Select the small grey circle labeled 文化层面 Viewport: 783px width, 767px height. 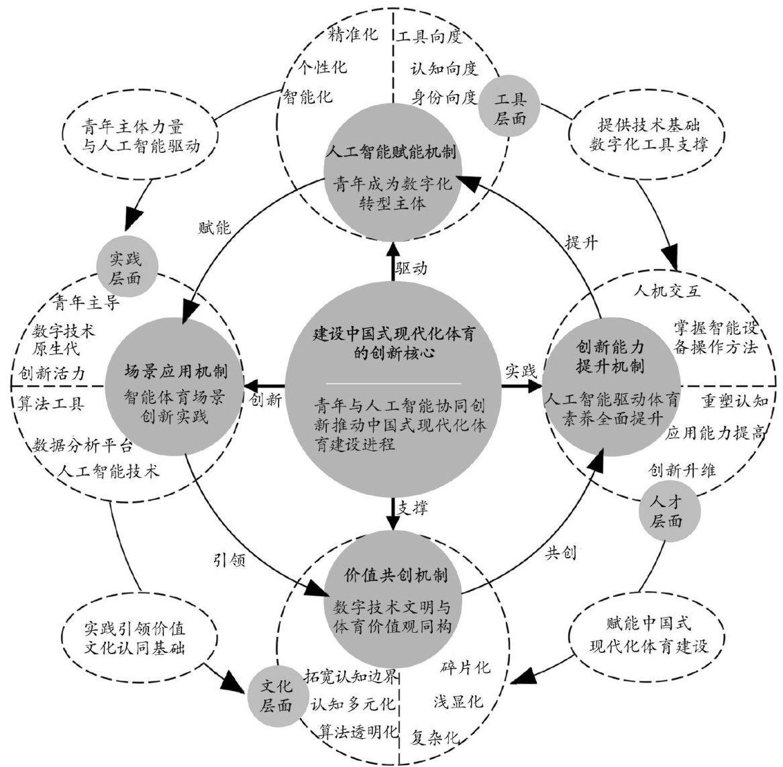[x=276, y=696]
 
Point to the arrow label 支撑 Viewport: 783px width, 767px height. [x=412, y=508]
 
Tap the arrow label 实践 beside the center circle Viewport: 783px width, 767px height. [x=521, y=370]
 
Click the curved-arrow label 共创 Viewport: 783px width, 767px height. [x=561, y=553]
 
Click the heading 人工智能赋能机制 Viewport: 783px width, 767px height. [x=390, y=152]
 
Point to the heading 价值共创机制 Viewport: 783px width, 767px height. [x=391, y=576]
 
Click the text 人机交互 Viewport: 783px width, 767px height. [x=667, y=291]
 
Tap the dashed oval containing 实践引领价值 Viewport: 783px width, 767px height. [x=140, y=639]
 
